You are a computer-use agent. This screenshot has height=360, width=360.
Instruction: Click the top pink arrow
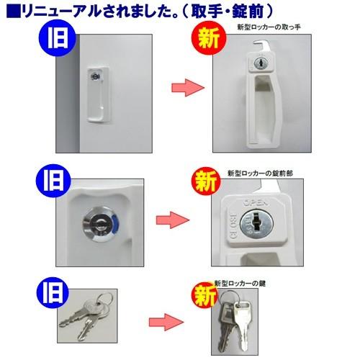(182, 89)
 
